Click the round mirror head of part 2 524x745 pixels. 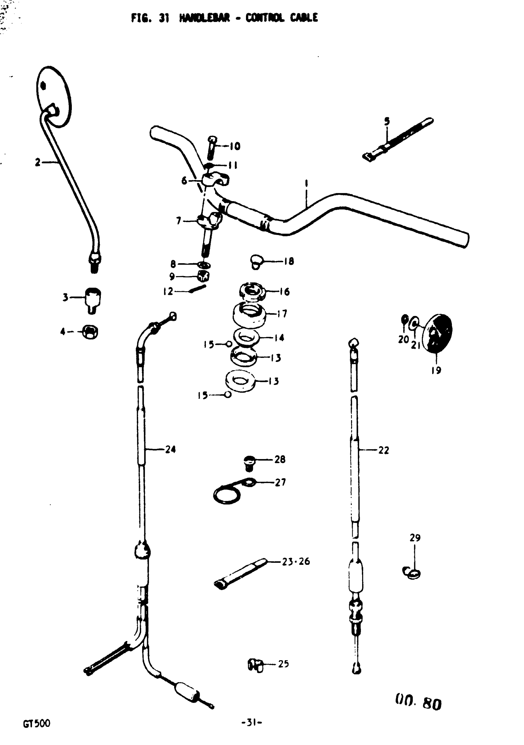[x=53, y=96]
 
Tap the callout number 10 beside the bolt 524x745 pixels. [x=235, y=146]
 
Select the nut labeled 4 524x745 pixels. [x=90, y=332]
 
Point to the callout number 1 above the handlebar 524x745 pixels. [x=306, y=184]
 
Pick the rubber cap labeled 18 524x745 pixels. [x=256, y=261]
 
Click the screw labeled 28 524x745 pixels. [x=249, y=462]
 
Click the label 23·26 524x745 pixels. [x=296, y=561]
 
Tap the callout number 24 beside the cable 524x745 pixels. [x=170, y=449]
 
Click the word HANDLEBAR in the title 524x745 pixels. [x=204, y=18]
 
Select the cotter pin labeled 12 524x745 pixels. [x=198, y=288]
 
